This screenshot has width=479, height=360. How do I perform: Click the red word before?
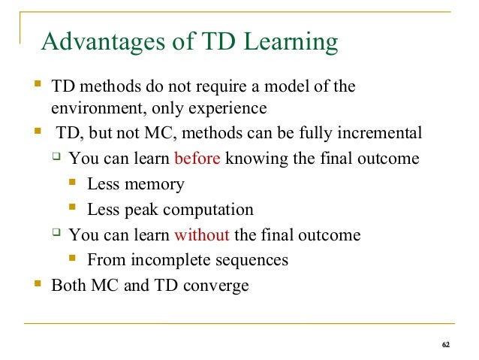[x=197, y=159]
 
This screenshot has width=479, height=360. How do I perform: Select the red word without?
[x=201, y=235]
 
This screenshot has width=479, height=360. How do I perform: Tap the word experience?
[x=228, y=110]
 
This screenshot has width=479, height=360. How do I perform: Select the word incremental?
[x=379, y=134]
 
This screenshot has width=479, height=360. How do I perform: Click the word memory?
[x=156, y=185]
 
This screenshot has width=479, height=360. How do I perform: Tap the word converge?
[x=218, y=286]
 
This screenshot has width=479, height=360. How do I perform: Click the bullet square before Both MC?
[x=37, y=285]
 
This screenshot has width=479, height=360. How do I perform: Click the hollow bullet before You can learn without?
[x=55, y=234]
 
